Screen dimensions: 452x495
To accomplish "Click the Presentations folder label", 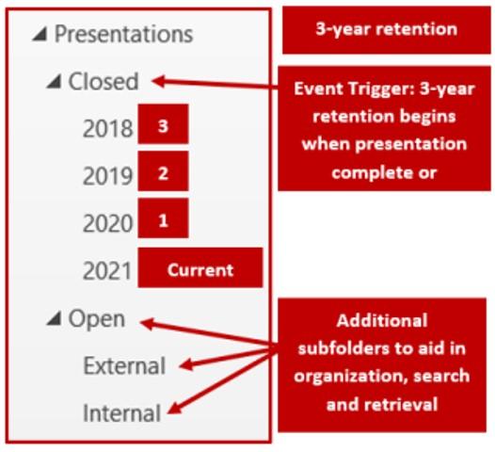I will click(x=123, y=35).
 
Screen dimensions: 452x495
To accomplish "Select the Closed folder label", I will click(x=103, y=82).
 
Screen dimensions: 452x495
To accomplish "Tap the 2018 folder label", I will click(x=107, y=129).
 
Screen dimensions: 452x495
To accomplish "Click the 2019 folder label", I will click(x=107, y=175).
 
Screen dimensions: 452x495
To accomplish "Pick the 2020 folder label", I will click(x=107, y=222).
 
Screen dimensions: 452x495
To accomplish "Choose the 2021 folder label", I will click(x=107, y=271).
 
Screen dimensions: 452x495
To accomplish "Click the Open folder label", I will click(x=96, y=319).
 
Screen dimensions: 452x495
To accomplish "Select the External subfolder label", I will click(x=123, y=365).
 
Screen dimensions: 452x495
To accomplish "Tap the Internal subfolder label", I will click(x=121, y=412).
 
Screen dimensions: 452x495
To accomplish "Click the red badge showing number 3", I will click(x=163, y=126).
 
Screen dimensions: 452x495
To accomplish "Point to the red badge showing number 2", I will click(x=163, y=172).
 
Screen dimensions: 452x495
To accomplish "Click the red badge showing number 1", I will click(x=163, y=219).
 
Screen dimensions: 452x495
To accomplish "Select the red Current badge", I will click(x=200, y=269).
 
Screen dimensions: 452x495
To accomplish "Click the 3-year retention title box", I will click(x=385, y=29).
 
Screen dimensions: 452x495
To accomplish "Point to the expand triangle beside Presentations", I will click(x=39, y=36).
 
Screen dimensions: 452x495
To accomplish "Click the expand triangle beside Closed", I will click(x=54, y=83).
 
